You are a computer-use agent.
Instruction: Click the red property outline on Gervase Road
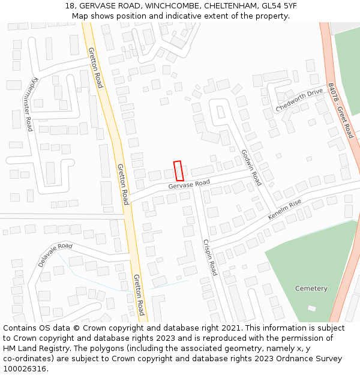point(178,170)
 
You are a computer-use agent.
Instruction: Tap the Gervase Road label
point(189,185)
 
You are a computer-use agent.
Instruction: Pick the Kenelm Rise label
point(285,209)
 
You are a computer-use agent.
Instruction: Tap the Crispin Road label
point(209,258)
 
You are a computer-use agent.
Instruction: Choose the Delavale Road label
point(55,255)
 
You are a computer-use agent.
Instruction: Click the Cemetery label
point(311,289)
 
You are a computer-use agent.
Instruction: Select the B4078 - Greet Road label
point(341,110)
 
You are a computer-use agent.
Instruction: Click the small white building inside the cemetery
point(311,308)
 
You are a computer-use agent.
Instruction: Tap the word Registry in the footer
point(47,349)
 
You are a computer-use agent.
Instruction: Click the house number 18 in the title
point(70,6)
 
